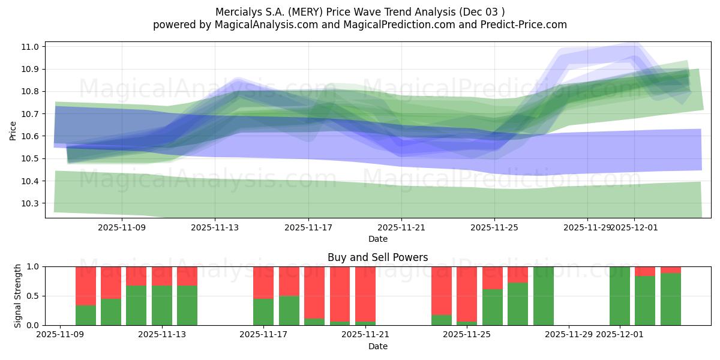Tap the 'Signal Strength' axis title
[18, 296]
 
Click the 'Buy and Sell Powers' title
[377, 257]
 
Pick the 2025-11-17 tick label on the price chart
[308, 227]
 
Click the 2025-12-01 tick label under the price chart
[635, 227]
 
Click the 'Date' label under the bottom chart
[377, 346]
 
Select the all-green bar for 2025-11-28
[543, 296]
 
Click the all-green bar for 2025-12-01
[619, 296]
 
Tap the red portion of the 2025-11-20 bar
[340, 293]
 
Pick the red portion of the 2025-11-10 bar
[86, 286]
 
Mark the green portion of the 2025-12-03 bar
[670, 299]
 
